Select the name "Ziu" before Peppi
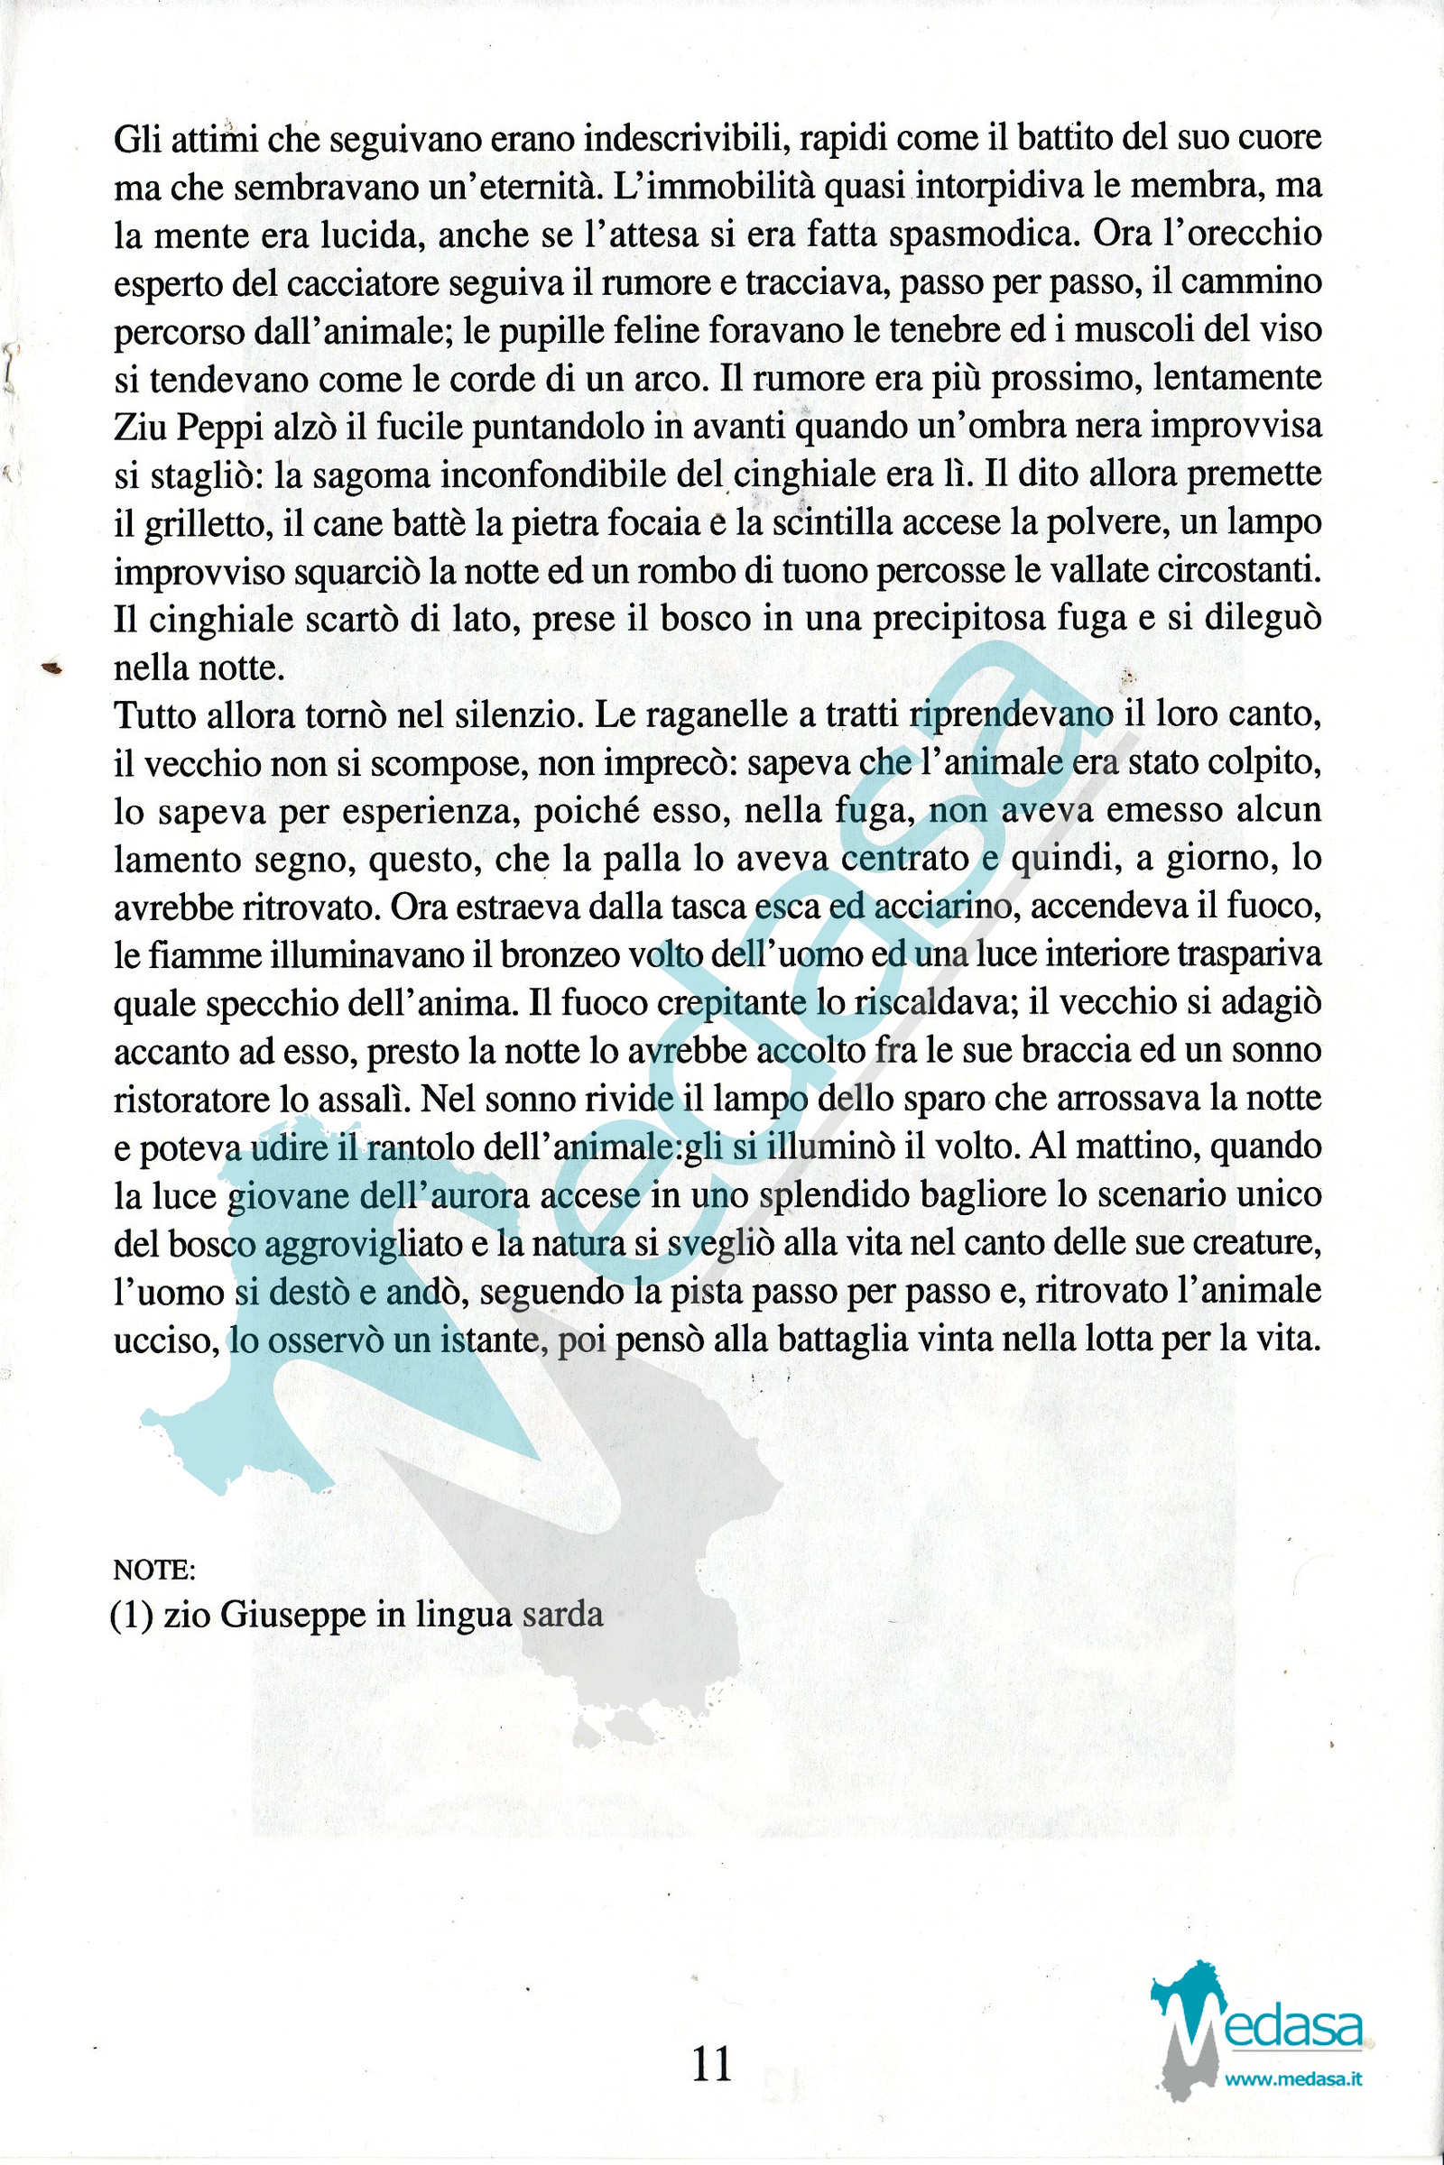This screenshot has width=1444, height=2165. pos(138,427)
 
